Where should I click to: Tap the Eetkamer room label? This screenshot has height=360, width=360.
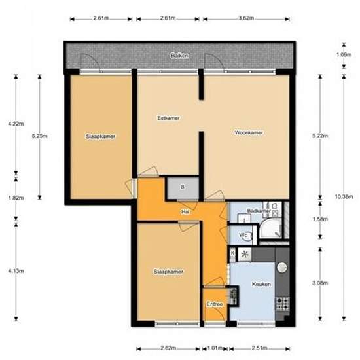click(x=168, y=118)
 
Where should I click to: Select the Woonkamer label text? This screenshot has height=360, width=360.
click(x=249, y=133)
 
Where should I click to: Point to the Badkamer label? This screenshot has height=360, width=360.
click(x=259, y=211)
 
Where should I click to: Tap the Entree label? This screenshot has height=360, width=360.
click(x=214, y=304)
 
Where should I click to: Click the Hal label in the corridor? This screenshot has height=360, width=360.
click(x=186, y=212)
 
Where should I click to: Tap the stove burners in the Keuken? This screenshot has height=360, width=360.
click(x=282, y=303)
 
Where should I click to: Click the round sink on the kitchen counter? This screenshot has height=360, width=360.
click(x=283, y=267)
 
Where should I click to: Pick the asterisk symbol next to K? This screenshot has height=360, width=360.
click(x=245, y=255)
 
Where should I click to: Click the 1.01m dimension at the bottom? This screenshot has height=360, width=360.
click(x=215, y=348)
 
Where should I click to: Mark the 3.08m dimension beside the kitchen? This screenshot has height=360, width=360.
click(x=318, y=283)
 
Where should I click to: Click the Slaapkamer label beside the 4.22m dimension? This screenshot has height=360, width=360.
click(x=101, y=137)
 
